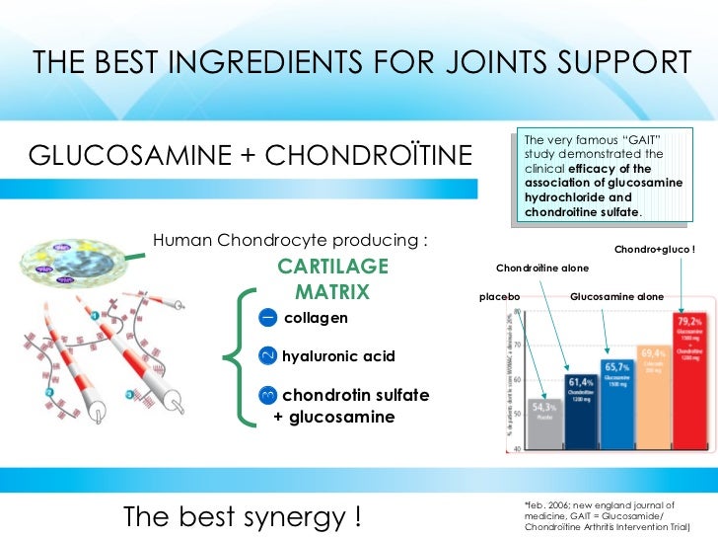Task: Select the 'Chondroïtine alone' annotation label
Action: [x=541, y=268]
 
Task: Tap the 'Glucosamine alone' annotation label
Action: [x=617, y=296]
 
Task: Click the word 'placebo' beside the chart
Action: [x=499, y=296]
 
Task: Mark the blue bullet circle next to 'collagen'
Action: [x=267, y=317]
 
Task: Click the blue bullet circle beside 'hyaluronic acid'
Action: [x=267, y=355]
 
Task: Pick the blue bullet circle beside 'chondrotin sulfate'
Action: [x=267, y=396]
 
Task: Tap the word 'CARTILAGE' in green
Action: [x=332, y=267]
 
